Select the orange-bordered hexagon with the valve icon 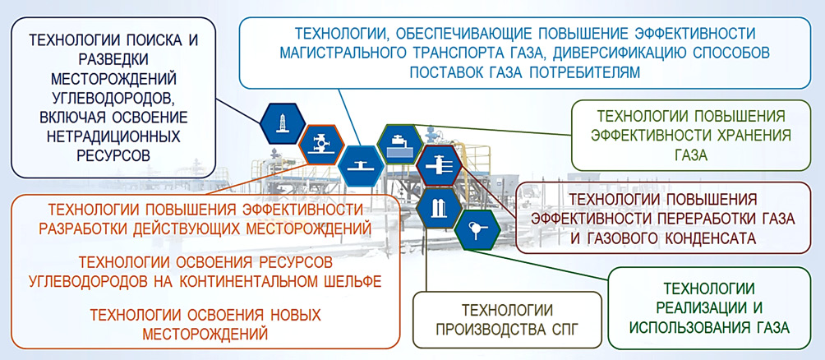coord(318,145)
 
